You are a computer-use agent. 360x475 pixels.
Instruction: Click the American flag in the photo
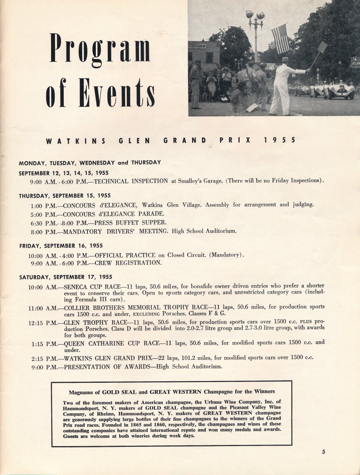pos(280,38)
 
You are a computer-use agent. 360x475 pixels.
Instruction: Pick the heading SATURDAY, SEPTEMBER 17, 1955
pos(66,277)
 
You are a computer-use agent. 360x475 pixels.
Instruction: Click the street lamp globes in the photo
pos(255,16)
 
